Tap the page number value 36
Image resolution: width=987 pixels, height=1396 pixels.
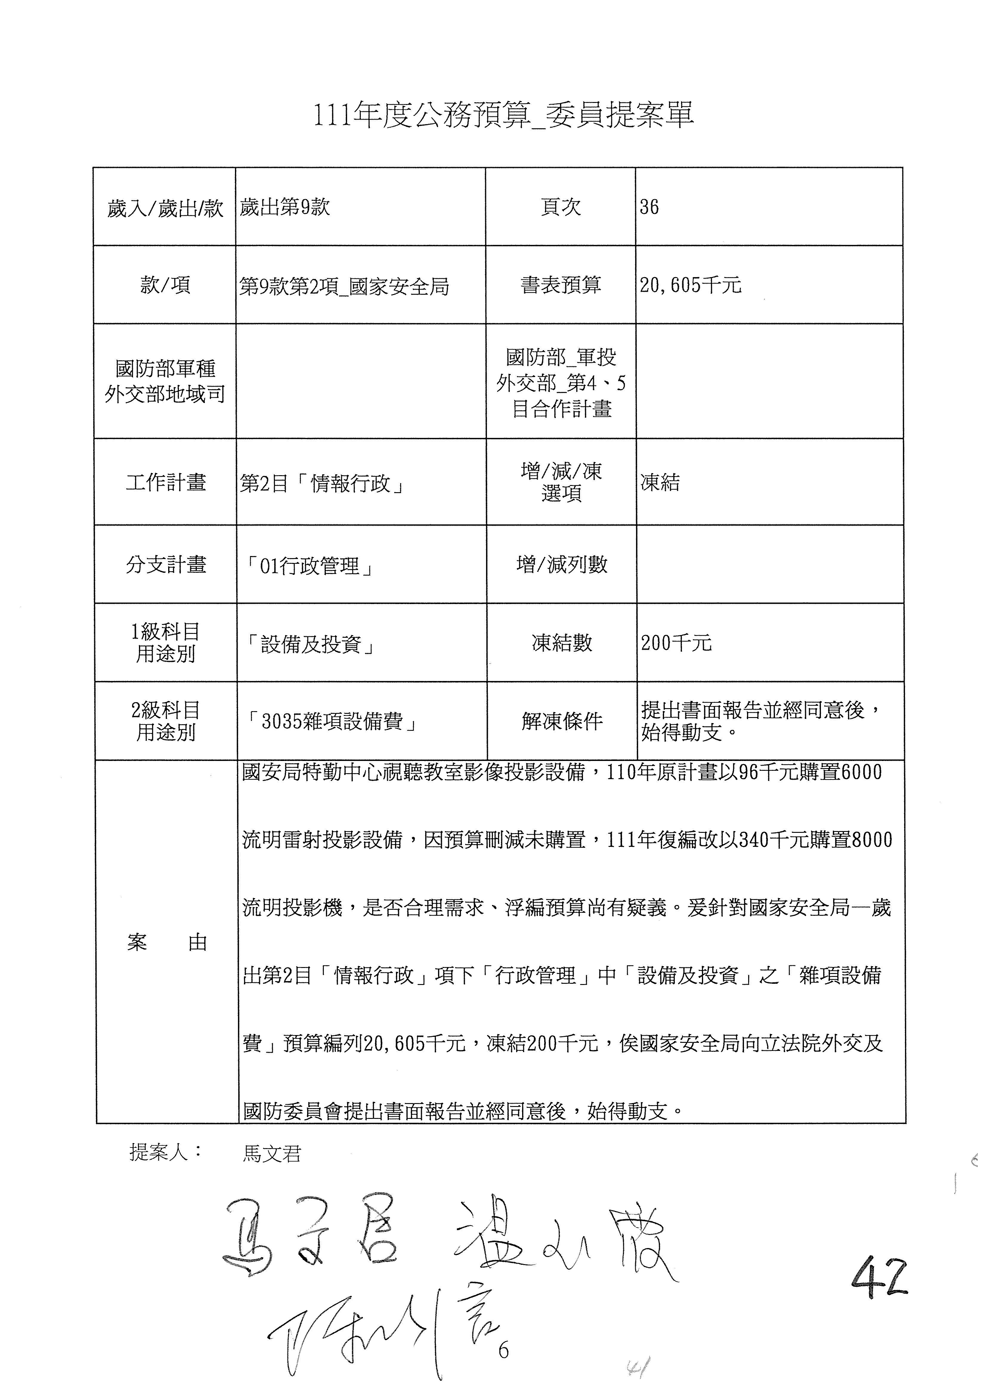tap(649, 207)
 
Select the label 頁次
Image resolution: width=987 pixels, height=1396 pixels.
tap(560, 207)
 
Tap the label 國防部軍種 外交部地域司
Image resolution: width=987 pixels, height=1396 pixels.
tap(165, 381)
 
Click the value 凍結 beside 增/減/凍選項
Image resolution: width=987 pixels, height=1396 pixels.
tap(660, 483)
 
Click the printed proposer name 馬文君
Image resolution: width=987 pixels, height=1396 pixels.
tap(272, 1153)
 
